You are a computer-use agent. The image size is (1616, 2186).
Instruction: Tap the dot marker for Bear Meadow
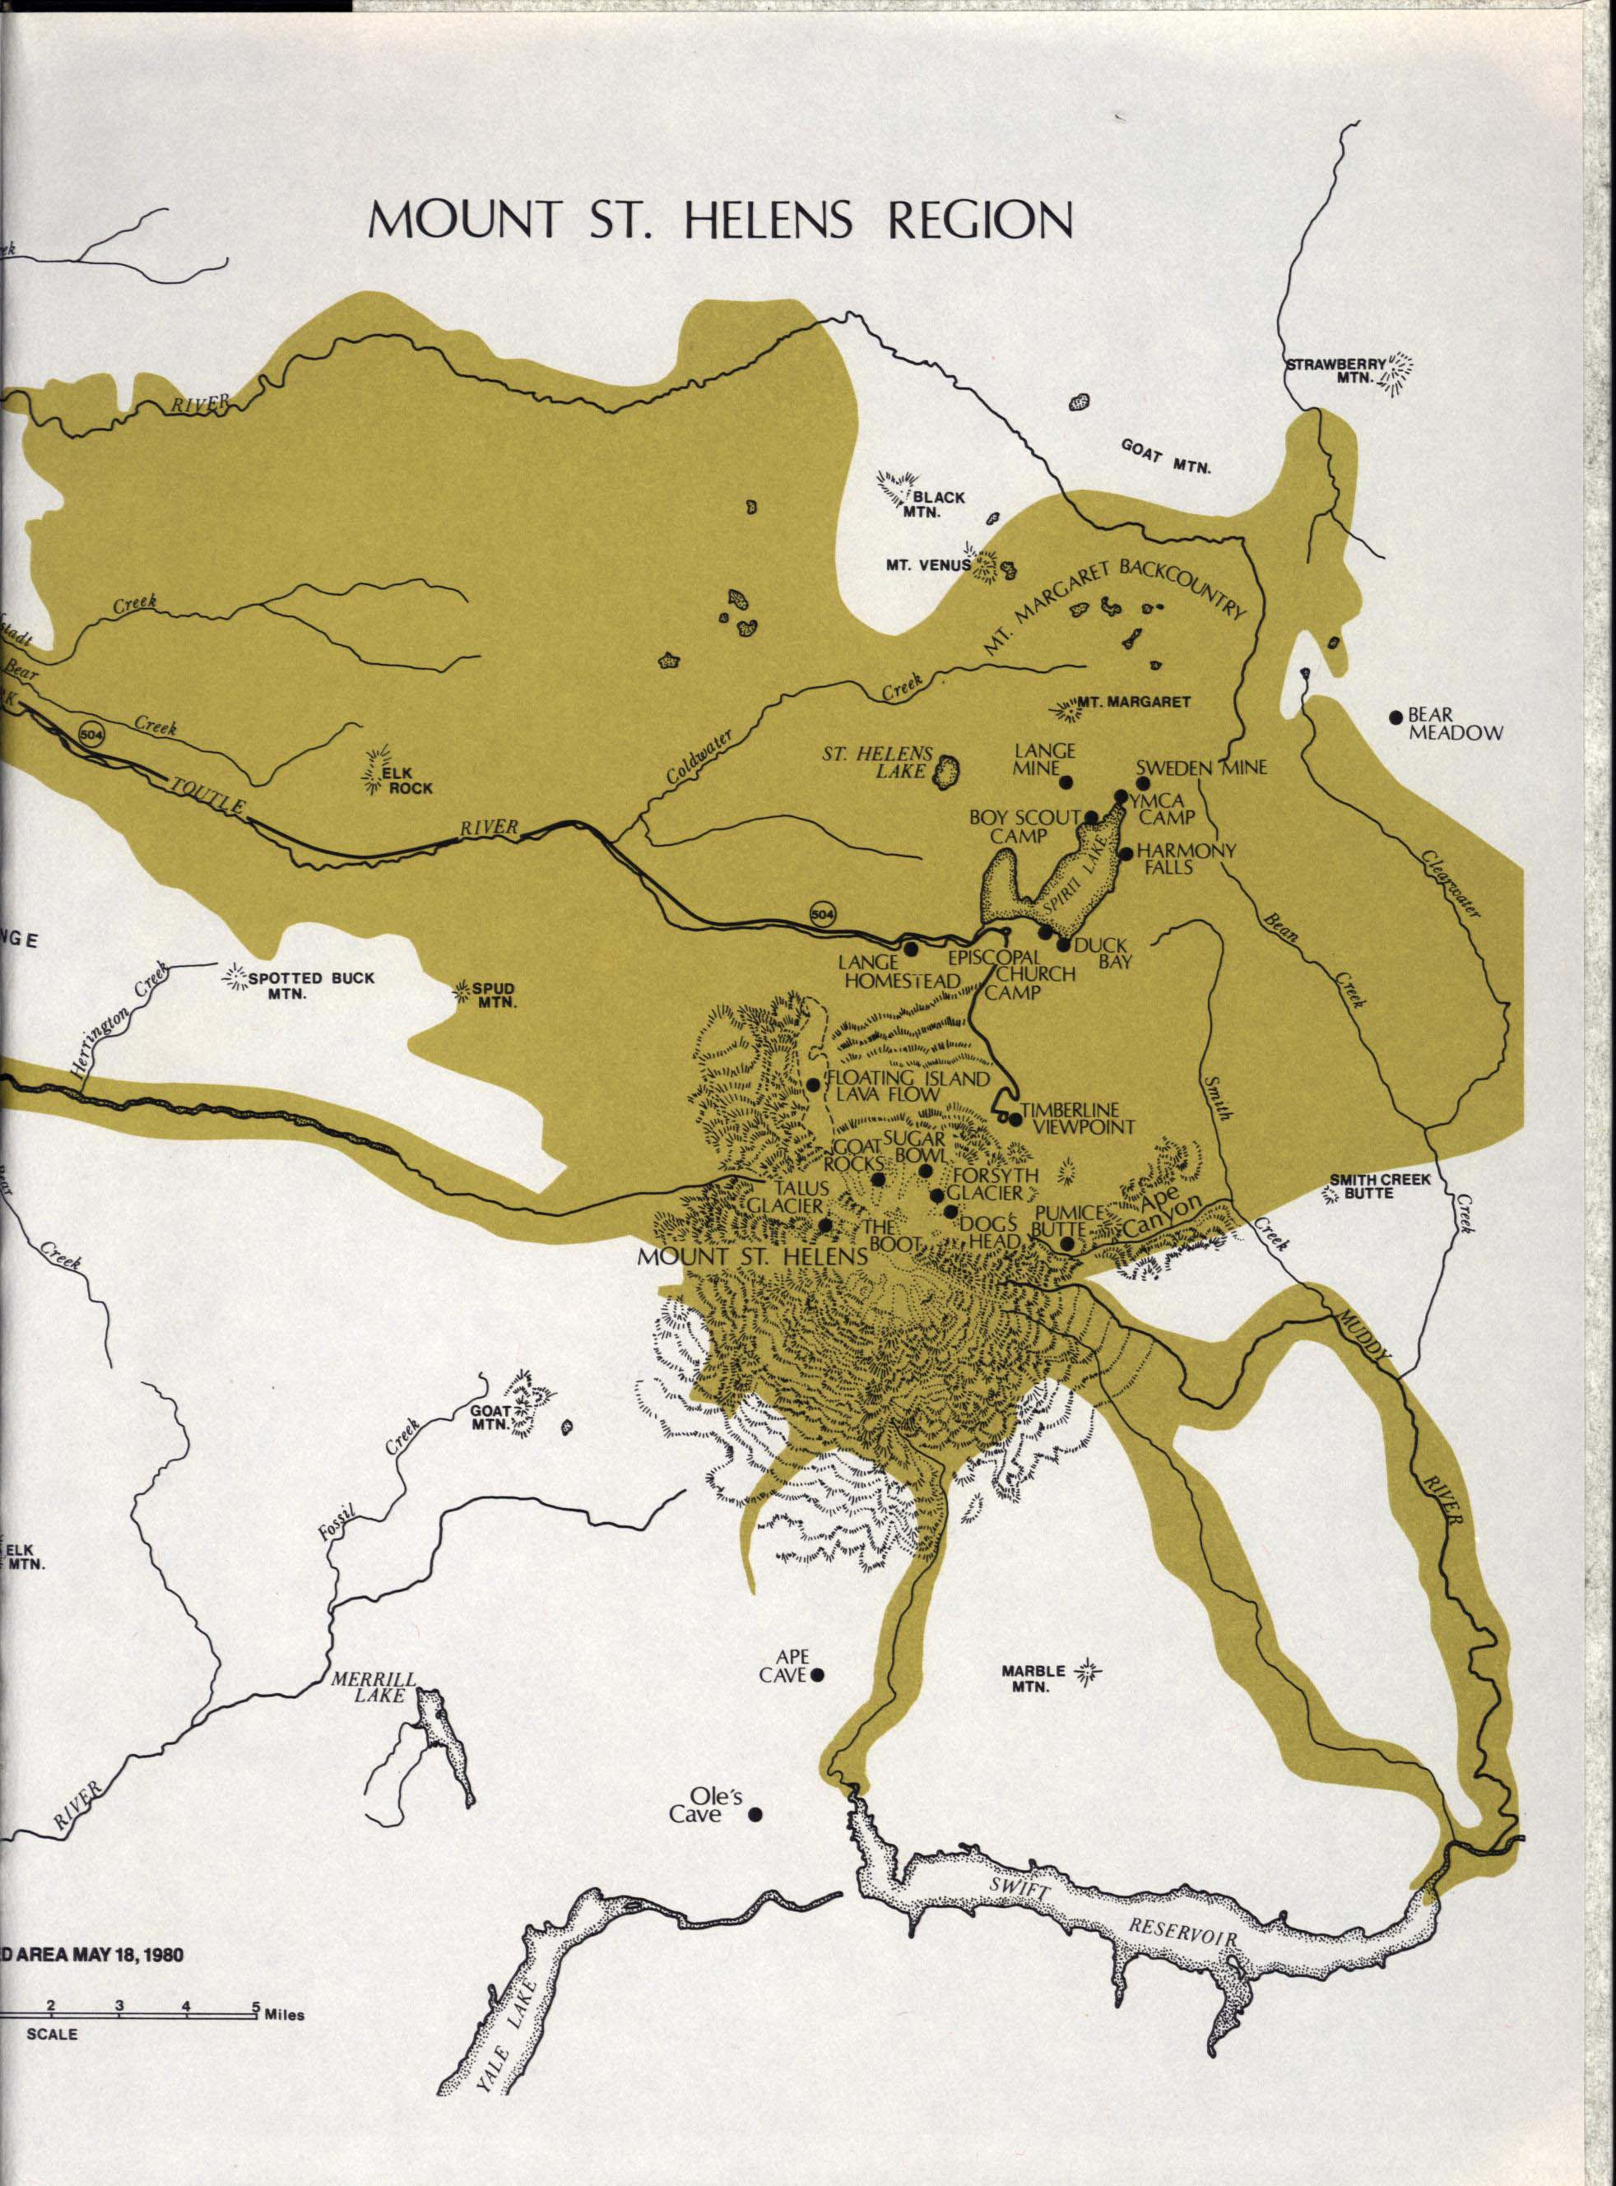click(1397, 717)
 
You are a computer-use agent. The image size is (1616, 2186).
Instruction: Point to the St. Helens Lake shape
click(945, 772)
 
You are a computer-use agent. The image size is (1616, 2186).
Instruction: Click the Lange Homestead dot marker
click(911, 948)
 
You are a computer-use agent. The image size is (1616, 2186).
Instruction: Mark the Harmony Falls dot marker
click(1126, 854)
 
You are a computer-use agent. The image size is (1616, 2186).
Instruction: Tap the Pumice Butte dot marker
click(1067, 1244)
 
